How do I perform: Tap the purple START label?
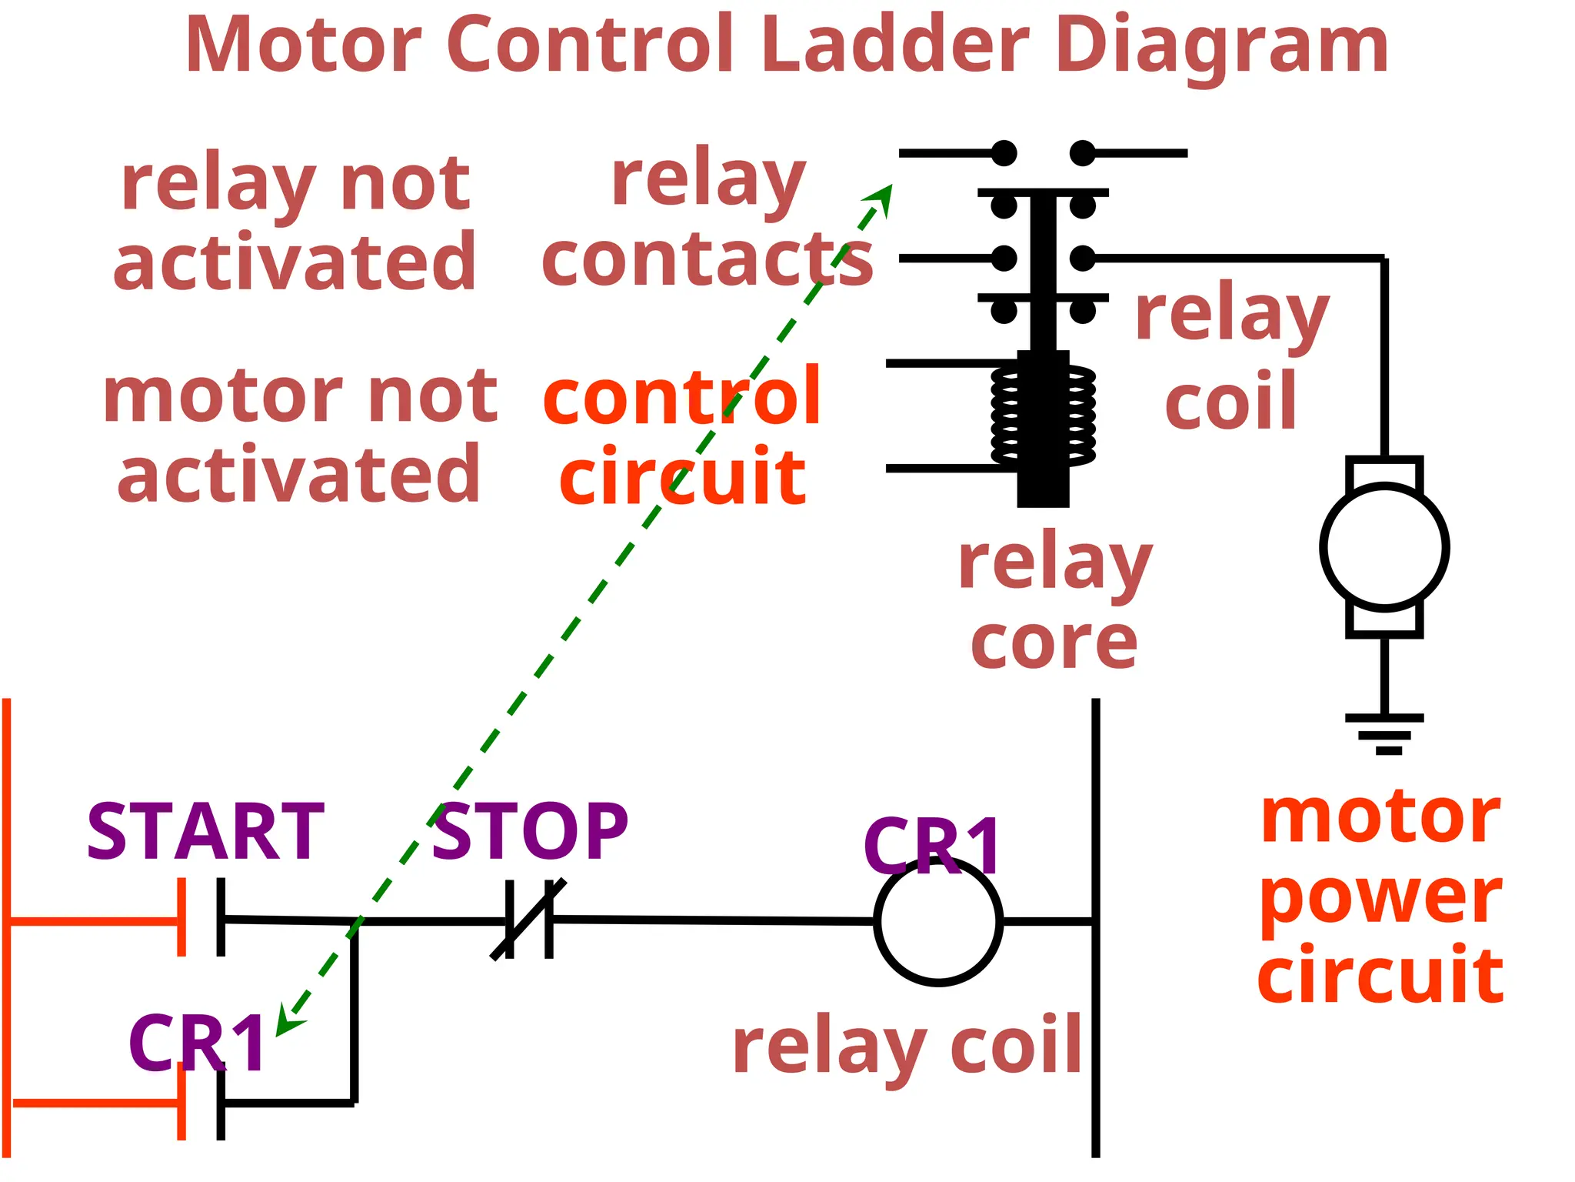pyautogui.click(x=205, y=833)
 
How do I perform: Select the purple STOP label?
pyautogui.click(x=530, y=833)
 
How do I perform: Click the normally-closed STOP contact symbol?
pyautogui.click(x=528, y=920)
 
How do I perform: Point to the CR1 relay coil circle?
pyautogui.click(x=938, y=922)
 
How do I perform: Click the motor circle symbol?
pyautogui.click(x=1384, y=547)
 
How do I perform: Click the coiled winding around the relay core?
pyautogui.click(x=1043, y=416)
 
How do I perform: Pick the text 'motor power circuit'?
pyautogui.click(x=1380, y=897)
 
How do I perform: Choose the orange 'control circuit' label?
pyautogui.click(x=682, y=436)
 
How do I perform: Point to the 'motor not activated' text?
pyautogui.click(x=300, y=436)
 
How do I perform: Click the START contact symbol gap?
pyautogui.click(x=201, y=917)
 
